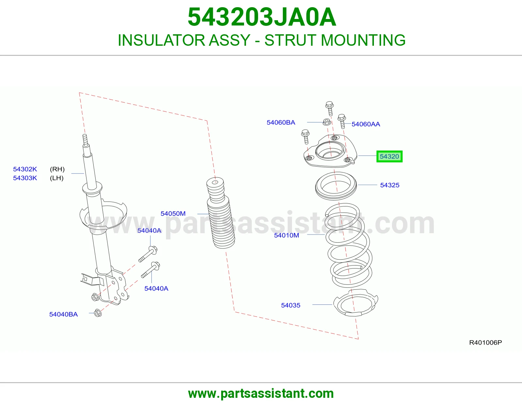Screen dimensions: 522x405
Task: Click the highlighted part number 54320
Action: [389, 156]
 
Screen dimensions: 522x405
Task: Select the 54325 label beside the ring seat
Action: [390, 185]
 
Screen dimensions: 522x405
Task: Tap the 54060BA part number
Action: [281, 122]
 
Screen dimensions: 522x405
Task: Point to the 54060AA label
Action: [366, 124]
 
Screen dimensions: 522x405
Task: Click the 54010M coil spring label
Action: [286, 235]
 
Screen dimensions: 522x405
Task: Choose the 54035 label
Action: [291, 305]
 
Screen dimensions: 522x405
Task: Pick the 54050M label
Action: [173, 214]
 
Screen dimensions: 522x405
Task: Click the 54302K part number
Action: [25, 169]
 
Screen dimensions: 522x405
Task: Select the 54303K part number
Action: [25, 178]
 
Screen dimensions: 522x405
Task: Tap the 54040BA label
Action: [63, 314]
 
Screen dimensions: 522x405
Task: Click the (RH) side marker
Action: [57, 169]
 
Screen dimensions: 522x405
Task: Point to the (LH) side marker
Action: [57, 178]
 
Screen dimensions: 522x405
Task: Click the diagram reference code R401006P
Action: [485, 343]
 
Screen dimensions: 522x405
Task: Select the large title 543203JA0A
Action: [262, 17]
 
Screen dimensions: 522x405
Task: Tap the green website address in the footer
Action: [261, 394]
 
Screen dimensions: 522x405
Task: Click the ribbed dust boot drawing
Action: [220, 213]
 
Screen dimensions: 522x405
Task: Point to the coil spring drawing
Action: [348, 245]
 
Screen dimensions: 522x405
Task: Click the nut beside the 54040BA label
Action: [98, 313]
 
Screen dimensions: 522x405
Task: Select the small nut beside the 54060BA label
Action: [327, 122]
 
